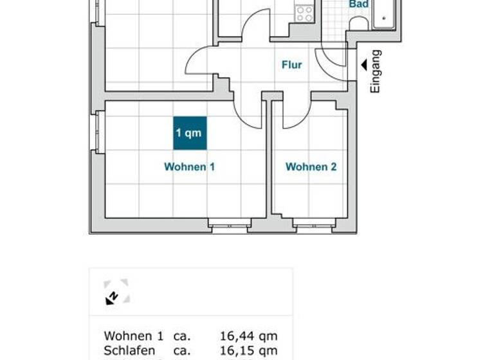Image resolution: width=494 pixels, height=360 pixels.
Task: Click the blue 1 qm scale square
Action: (x=189, y=133)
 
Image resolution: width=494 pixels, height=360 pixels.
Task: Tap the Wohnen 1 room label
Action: (x=189, y=167)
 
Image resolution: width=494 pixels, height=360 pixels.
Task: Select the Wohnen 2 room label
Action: (x=311, y=167)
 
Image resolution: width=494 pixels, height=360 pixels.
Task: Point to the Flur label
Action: (x=291, y=65)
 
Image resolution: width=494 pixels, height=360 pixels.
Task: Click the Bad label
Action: (x=358, y=4)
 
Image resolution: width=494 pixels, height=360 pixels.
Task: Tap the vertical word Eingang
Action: (x=376, y=71)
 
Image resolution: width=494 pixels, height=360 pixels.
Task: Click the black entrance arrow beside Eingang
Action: (x=364, y=64)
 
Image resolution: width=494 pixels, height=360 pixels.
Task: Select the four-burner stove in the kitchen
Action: (x=304, y=13)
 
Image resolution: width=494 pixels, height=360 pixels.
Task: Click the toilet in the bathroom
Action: (x=358, y=23)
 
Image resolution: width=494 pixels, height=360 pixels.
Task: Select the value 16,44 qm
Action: (x=248, y=336)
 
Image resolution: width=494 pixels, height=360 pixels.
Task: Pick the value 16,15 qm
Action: (x=248, y=351)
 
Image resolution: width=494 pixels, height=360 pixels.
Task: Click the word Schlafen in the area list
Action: (x=129, y=351)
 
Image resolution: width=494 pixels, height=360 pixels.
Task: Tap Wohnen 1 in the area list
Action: (x=133, y=336)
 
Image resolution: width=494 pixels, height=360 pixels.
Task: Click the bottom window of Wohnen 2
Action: (x=313, y=224)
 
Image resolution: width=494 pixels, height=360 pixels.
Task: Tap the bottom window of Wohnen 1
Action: (x=230, y=224)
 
